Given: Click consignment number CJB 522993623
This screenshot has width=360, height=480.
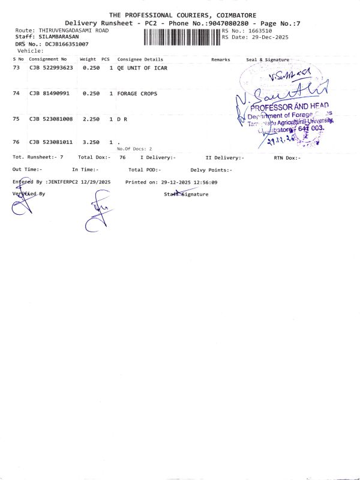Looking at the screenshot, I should pos(51,68).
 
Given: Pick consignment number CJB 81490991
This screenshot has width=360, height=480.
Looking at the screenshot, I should pos(49,94).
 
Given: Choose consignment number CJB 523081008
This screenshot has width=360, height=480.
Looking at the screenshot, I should pos(51,119).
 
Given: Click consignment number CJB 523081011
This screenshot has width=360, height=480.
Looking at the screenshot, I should pos(51,142).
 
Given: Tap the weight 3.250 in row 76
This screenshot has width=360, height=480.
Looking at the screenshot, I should pos(91,142).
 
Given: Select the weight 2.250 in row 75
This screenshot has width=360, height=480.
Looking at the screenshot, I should pos(91,119).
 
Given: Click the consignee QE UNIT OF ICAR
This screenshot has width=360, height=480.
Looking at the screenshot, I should pos(142,68).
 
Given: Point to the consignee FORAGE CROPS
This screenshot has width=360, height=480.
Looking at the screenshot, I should pos(137,94).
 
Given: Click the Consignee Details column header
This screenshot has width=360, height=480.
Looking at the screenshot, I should pos(140,59).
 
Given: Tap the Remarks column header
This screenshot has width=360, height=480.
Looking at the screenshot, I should pos(220,59).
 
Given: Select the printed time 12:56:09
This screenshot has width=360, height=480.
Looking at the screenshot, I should pos(205,181).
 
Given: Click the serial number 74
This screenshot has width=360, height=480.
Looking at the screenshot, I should pos(16,94).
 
